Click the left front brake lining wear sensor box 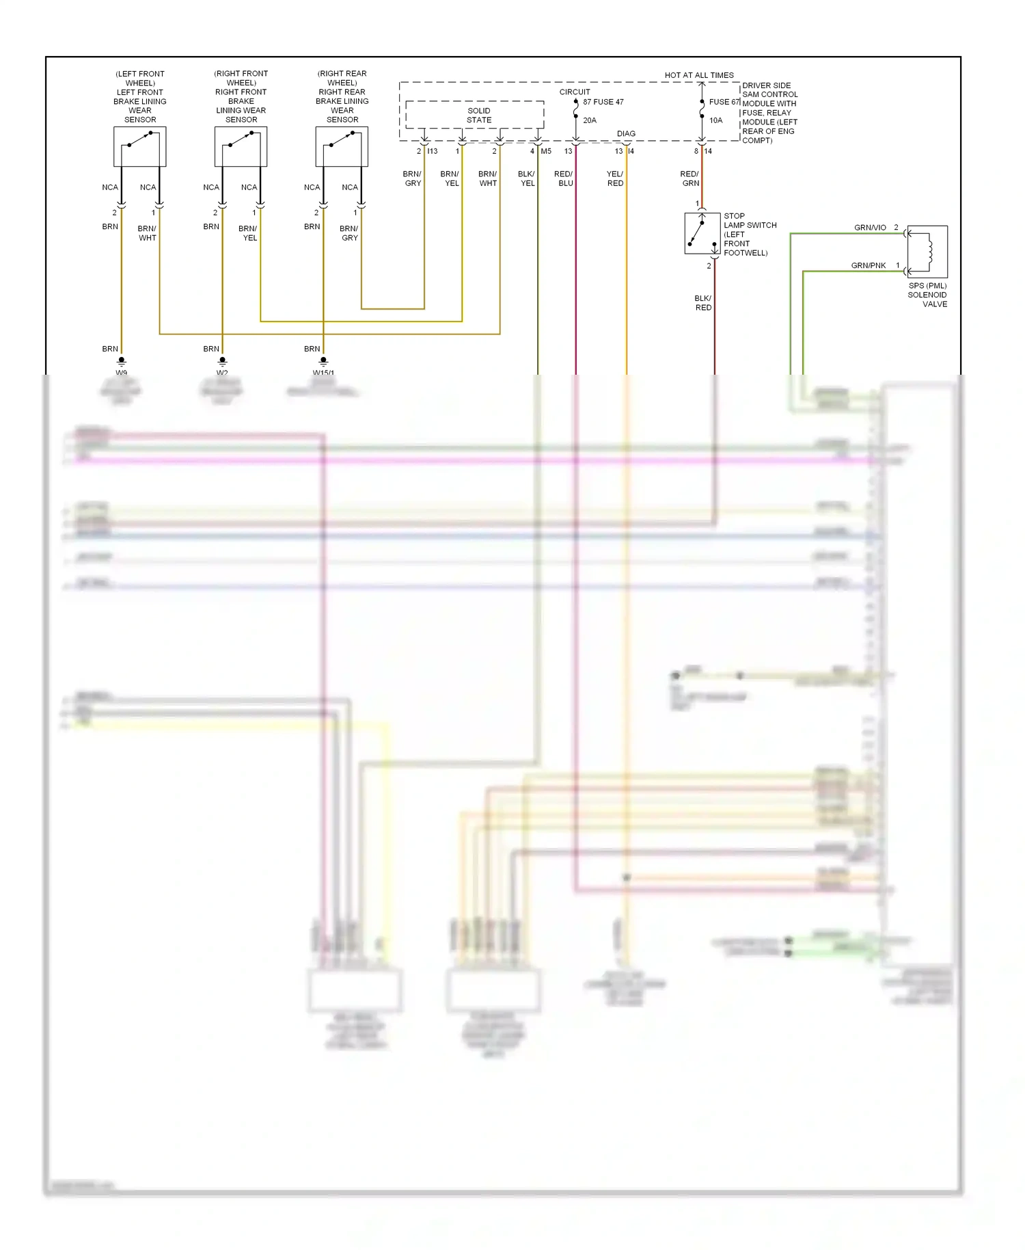pos(139,146)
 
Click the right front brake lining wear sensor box pos(241,146)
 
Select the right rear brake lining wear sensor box pos(342,146)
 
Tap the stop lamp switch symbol pos(702,233)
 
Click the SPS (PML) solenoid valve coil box pos(927,251)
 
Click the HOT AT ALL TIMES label pos(699,75)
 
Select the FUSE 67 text pos(724,102)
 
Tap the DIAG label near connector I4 pos(626,134)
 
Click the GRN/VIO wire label pos(870,228)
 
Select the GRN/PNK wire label pos(868,265)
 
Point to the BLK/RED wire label pos(703,303)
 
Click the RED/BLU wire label pos(564,178)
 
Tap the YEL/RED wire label pos(615,178)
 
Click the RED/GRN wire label pos(690,178)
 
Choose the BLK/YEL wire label pos(527,178)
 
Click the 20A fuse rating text pos(590,120)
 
